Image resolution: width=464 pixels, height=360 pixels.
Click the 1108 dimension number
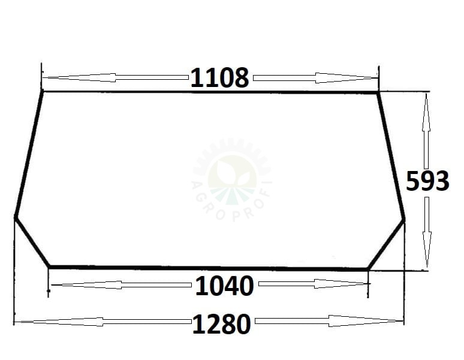219,78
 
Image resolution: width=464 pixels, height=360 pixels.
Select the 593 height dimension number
427,181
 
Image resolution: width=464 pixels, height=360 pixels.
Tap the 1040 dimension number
224,286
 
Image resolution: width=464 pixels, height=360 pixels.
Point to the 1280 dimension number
222,324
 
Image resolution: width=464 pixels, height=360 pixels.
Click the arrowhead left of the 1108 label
80,77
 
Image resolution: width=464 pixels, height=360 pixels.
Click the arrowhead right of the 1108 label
347,78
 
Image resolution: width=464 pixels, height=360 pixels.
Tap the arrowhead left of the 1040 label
86,285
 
